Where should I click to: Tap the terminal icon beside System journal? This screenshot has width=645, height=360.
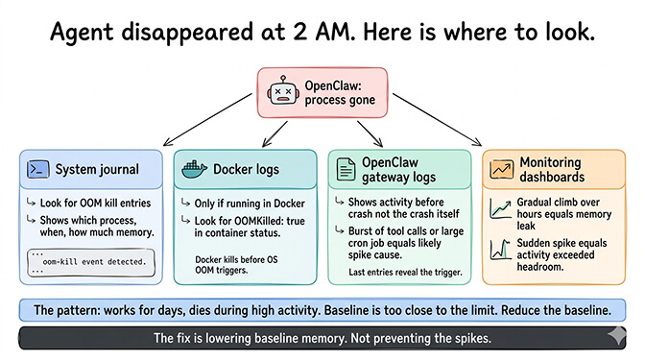38,170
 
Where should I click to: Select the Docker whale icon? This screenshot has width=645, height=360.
192,170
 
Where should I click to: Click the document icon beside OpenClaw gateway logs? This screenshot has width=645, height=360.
345,169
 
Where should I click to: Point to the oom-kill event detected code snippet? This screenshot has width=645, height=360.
84,260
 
